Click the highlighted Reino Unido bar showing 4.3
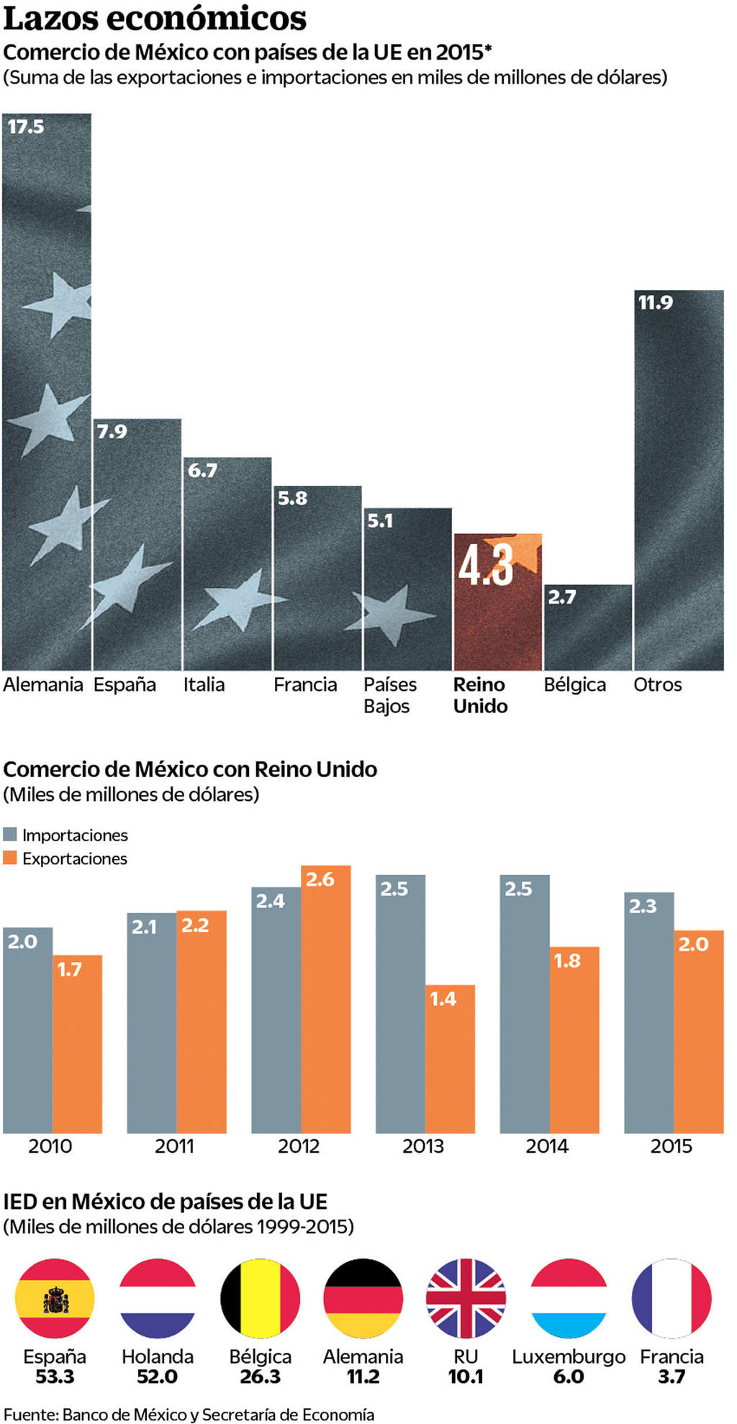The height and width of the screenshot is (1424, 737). pyautogui.click(x=497, y=602)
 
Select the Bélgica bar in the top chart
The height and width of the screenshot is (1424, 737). pyautogui.click(x=587, y=627)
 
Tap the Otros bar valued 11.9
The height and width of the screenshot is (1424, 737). pyautogui.click(x=678, y=480)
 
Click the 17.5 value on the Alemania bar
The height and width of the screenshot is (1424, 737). pyautogui.click(x=26, y=127)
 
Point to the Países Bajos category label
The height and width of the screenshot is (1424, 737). pyautogui.click(x=389, y=694)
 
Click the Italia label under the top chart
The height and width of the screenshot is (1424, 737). pyautogui.click(x=204, y=684)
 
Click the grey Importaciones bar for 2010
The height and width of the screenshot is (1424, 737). pyautogui.click(x=27, y=1030)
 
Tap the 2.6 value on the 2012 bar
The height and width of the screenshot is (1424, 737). pyautogui.click(x=320, y=879)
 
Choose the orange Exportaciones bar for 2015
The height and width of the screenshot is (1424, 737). pyautogui.click(x=698, y=1032)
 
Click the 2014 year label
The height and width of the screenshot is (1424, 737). pyautogui.click(x=547, y=1146)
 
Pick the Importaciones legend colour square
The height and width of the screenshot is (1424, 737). pyautogui.click(x=10, y=835)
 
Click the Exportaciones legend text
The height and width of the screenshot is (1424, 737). pyautogui.click(x=74, y=858)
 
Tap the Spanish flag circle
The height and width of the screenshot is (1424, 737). pyautogui.click(x=55, y=1298)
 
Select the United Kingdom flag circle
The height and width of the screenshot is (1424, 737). pyautogui.click(x=466, y=1298)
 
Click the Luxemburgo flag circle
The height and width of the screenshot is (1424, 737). pyautogui.click(x=569, y=1298)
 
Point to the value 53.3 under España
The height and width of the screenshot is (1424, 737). pyautogui.click(x=55, y=1377)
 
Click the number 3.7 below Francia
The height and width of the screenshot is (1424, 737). pyautogui.click(x=672, y=1377)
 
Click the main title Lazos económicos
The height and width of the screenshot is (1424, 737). pyautogui.click(x=155, y=19)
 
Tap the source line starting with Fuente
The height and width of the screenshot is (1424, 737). pyautogui.click(x=189, y=1414)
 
